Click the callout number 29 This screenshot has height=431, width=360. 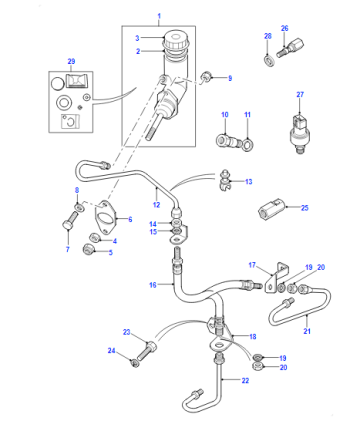[x=71, y=61]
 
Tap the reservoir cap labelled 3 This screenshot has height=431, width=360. [x=176, y=39]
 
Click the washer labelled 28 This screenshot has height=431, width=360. [x=270, y=61]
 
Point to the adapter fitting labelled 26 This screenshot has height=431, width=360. [x=290, y=49]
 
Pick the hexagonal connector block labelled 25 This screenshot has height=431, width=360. [x=270, y=209]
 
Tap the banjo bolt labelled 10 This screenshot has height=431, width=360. [x=228, y=141]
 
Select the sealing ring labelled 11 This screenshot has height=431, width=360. [x=247, y=144]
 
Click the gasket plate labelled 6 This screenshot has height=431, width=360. [x=105, y=217]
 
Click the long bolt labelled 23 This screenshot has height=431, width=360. [x=145, y=351]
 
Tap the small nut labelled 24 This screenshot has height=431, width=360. [x=134, y=363]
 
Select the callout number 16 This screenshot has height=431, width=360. [x=153, y=285]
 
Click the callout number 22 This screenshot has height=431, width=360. [x=245, y=380]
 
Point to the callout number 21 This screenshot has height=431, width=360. [x=307, y=331]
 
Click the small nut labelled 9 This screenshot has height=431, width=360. [x=206, y=78]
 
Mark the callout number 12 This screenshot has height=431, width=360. [x=156, y=205]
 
